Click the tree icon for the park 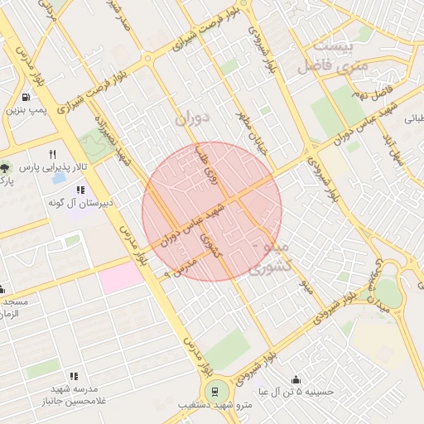[x=6, y=167]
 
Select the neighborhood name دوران [x=192, y=118]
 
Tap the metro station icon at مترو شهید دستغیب [x=214, y=391]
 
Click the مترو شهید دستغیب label [x=214, y=407]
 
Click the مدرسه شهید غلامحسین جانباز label [x=70, y=396]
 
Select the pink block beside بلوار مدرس [x=122, y=276]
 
